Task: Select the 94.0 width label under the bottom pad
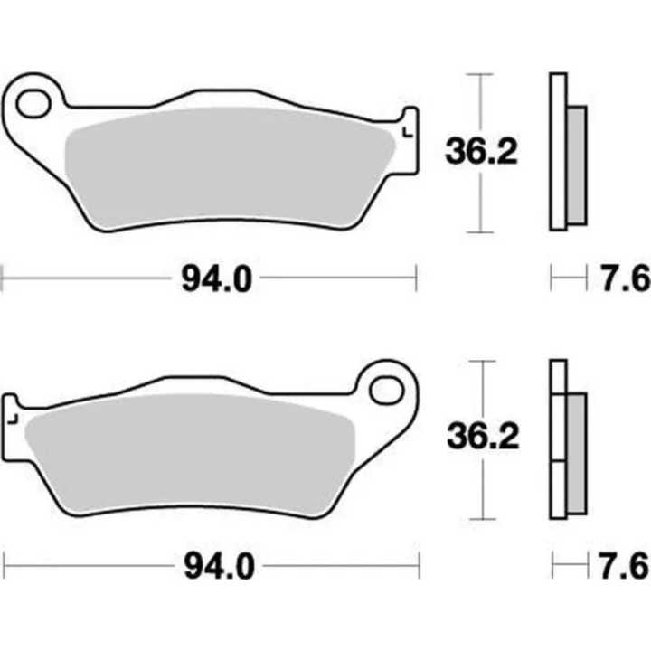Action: click(x=215, y=568)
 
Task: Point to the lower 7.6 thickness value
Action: click(x=629, y=567)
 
